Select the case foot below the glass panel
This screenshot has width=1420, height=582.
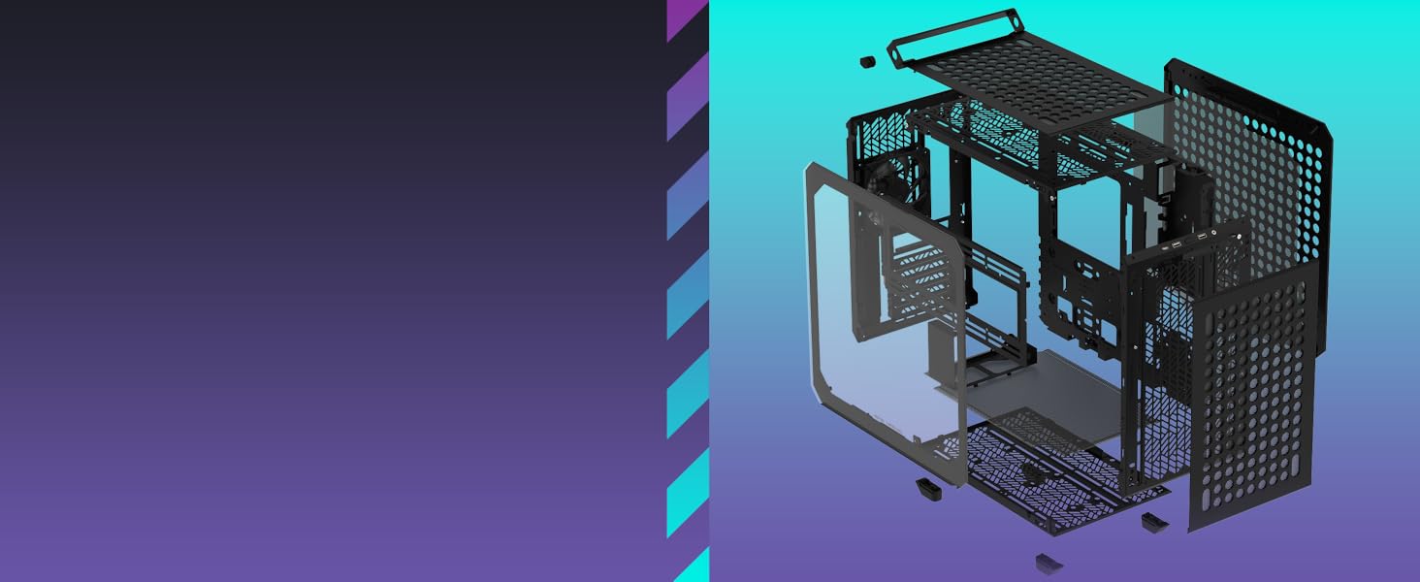click(929, 487)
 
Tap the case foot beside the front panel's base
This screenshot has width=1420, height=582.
click(1154, 522)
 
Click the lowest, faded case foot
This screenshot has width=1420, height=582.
click(1049, 563)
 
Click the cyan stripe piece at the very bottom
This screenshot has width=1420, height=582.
click(694, 567)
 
